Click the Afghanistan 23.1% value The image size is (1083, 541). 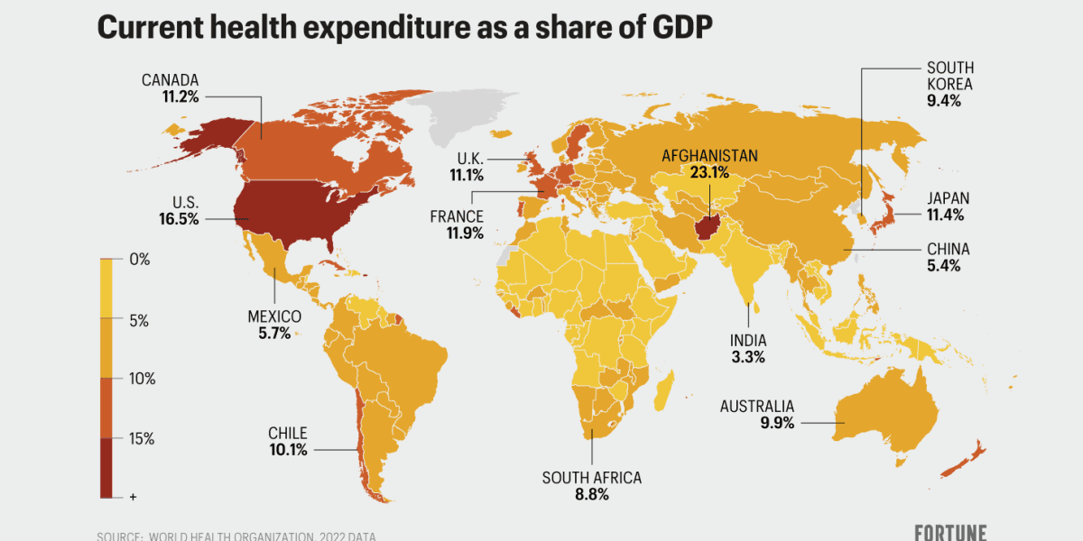[x=709, y=172]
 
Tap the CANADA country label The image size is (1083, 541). [x=170, y=80]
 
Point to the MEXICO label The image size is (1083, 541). [x=274, y=316]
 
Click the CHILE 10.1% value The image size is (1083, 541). [x=288, y=449]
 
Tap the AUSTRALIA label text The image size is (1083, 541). [x=756, y=406]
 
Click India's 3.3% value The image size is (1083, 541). [x=748, y=357]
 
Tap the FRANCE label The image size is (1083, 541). [x=457, y=216]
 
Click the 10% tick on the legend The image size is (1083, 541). [x=143, y=380]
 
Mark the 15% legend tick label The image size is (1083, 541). [x=143, y=439]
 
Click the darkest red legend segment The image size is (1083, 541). [x=106, y=467]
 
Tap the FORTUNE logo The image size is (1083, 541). [x=950, y=532]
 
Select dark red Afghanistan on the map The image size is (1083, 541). [x=706, y=220]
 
